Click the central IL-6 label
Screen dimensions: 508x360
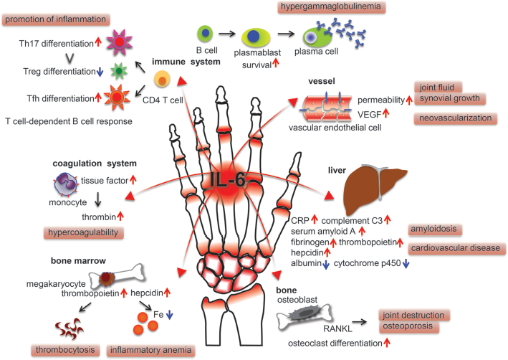tap(227, 180)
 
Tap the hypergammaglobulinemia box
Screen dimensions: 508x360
tap(332, 7)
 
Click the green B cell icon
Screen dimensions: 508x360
tap(205, 34)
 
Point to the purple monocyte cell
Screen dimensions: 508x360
tap(66, 184)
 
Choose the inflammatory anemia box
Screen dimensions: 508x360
tap(150, 351)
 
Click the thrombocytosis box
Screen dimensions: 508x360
tap(65, 350)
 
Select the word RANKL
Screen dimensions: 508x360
tap(337, 328)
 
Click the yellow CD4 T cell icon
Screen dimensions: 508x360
tap(162, 79)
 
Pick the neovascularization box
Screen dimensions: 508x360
tap(455, 118)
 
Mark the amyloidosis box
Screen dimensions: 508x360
tap(434, 229)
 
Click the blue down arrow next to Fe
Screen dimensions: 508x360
tap(169, 315)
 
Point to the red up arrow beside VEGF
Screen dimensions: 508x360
tap(385, 113)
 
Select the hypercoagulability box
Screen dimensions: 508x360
tap(83, 233)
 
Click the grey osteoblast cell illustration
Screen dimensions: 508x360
tap(304, 315)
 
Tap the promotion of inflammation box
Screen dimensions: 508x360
tap(56, 19)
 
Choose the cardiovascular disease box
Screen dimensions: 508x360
tap(456, 248)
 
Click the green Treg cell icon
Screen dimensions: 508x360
tap(118, 71)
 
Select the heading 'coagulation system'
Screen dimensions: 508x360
tap(95, 164)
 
